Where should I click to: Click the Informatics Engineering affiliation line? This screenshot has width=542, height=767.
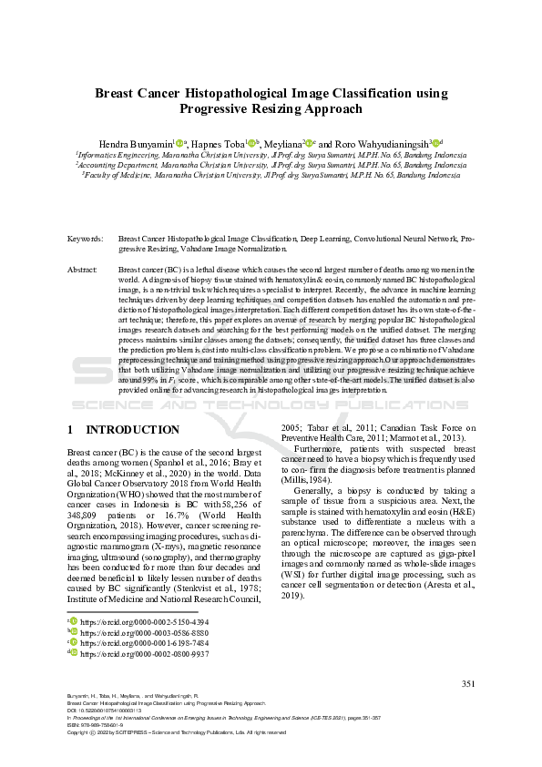(x=271, y=155)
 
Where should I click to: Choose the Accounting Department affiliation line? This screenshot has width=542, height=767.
(x=271, y=165)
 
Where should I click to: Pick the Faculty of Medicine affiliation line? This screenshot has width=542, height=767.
(x=271, y=175)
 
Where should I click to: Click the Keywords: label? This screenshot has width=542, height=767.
(x=86, y=238)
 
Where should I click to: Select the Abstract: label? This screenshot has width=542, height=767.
(x=83, y=271)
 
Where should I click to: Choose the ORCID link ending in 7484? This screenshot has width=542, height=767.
(x=131, y=641)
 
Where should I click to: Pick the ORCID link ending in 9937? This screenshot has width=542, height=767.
(x=131, y=652)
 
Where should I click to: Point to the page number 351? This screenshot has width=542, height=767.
(x=468, y=683)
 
